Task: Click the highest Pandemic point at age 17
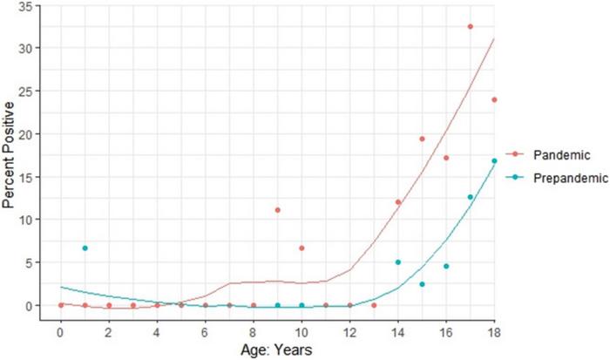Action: click(x=471, y=27)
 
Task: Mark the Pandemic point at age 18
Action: click(x=494, y=99)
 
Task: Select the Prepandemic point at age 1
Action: click(x=85, y=248)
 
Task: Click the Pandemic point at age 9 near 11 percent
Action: click(x=277, y=210)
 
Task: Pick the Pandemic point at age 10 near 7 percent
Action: click(x=302, y=248)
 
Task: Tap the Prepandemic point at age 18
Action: click(x=494, y=161)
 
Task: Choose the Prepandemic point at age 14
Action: click(x=398, y=262)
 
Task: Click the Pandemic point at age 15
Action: click(x=422, y=139)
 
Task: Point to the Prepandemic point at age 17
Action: click(x=471, y=197)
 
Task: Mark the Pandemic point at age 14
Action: click(x=398, y=202)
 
